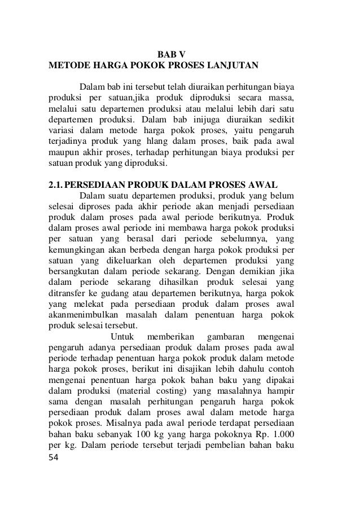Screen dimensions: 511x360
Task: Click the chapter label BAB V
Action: [x=170, y=55]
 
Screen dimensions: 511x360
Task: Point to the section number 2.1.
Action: [x=56, y=183]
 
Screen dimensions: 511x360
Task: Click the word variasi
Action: [x=60, y=131]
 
